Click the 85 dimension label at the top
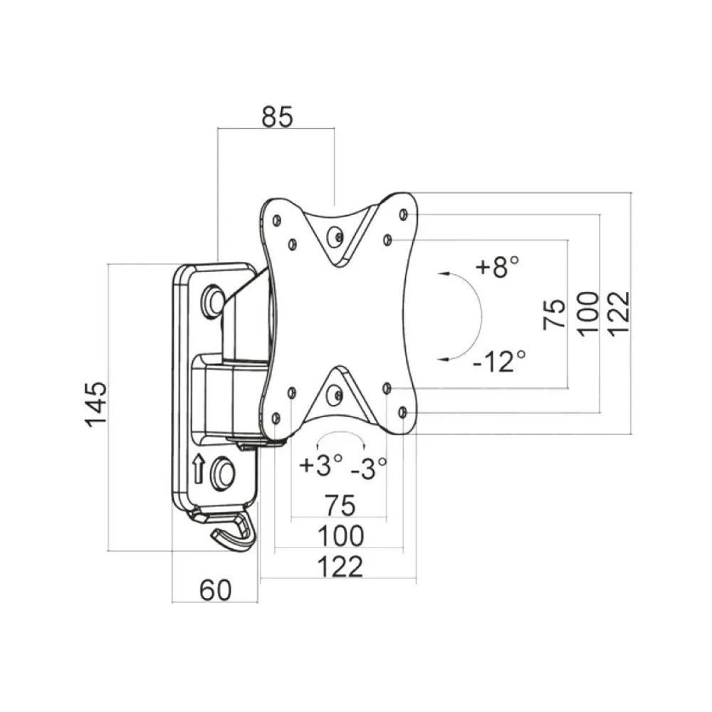(x=278, y=117)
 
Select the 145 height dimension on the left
(x=96, y=404)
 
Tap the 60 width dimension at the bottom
(x=215, y=590)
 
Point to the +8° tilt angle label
(x=497, y=266)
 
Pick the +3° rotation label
(x=320, y=465)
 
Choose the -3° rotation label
(x=368, y=468)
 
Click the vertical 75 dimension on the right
(x=555, y=314)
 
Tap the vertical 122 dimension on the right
(x=619, y=314)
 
